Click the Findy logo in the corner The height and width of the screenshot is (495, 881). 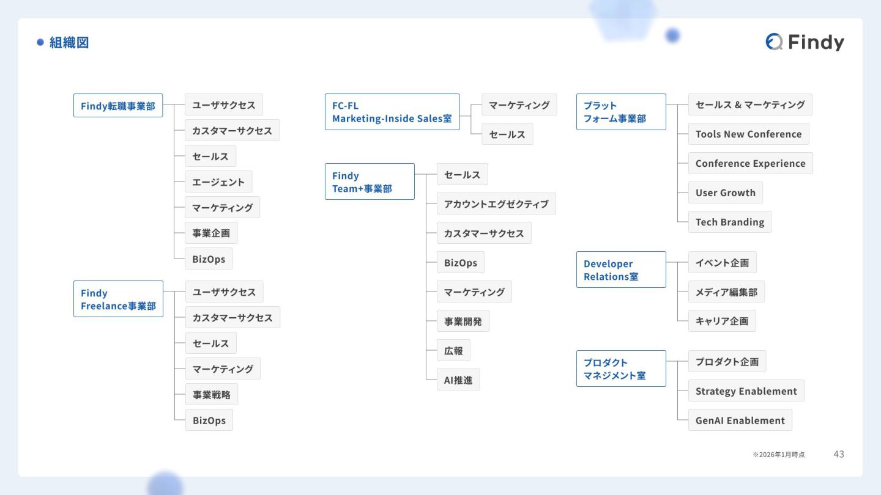point(805,42)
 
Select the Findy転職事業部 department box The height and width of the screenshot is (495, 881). point(118,106)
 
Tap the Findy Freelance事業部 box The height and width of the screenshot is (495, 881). point(118,299)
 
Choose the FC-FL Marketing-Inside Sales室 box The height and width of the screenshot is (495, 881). point(392,112)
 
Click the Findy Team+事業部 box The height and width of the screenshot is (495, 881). point(370,182)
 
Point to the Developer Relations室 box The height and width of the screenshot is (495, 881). point(621,269)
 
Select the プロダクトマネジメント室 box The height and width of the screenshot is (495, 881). point(621,369)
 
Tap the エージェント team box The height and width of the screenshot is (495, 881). point(218,182)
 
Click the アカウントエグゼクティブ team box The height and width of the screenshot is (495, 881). point(496,204)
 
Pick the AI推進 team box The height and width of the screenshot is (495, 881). point(458,380)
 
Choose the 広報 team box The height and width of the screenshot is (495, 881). point(453,351)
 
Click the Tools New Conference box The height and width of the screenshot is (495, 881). point(748,134)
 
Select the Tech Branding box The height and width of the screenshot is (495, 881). point(730,222)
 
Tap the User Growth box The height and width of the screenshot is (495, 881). point(726,193)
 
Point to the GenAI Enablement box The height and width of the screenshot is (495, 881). point(740,420)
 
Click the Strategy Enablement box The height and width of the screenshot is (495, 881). point(746,391)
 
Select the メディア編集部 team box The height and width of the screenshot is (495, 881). point(726,292)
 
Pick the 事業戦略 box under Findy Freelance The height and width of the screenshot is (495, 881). point(212,395)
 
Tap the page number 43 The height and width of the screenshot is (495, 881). point(839,454)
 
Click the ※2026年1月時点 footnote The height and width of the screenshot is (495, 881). point(779,455)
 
